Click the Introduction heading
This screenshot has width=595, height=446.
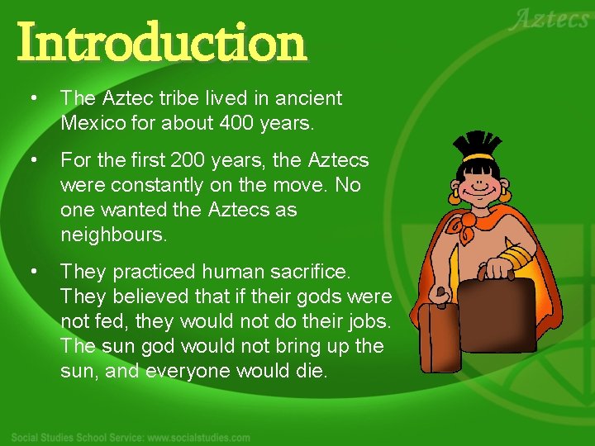(161, 43)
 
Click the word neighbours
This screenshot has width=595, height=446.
(113, 235)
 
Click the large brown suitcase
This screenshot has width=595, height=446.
(496, 314)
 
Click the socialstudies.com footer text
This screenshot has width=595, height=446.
(132, 437)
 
